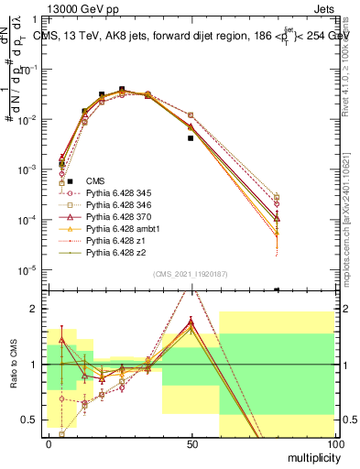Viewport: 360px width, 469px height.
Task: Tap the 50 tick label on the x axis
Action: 191,443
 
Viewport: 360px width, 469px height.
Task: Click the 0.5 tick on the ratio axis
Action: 28,420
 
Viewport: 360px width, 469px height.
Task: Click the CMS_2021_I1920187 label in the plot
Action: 191,275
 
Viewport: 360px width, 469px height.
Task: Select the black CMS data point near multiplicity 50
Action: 191,138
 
